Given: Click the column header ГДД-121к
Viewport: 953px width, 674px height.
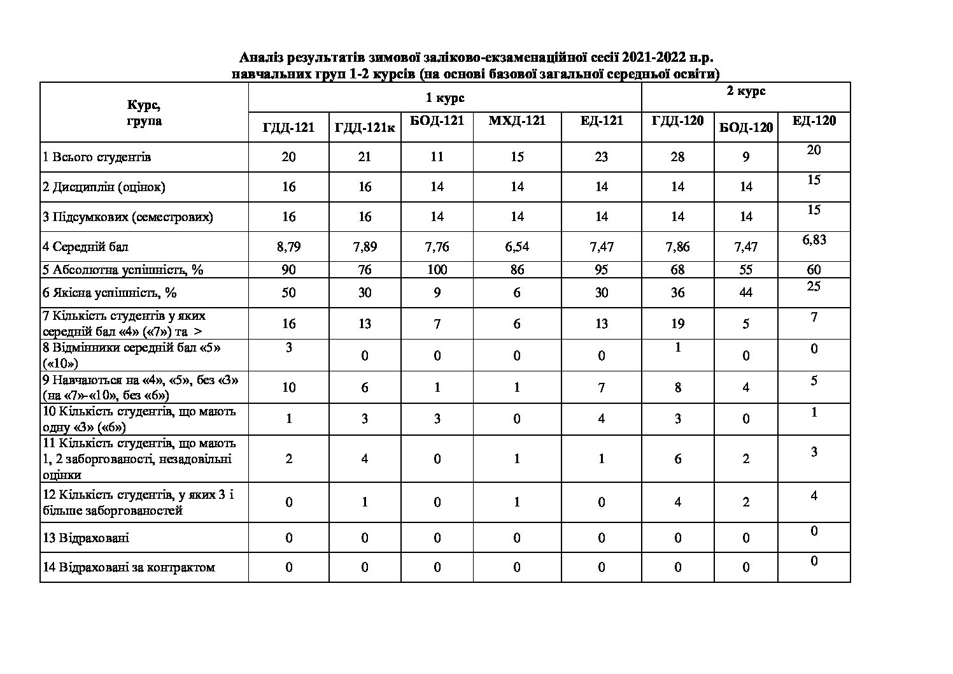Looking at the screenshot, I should [365, 127].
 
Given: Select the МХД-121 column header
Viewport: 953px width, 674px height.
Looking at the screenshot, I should [517, 120].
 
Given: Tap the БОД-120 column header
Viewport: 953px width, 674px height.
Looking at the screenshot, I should [746, 127].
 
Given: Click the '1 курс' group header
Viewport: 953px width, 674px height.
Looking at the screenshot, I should [445, 97].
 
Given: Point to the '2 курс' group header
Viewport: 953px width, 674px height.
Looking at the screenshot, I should [746, 91].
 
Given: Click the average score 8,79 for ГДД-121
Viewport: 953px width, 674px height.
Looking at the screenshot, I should [288, 247].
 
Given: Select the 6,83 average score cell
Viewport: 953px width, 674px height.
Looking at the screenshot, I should [814, 240].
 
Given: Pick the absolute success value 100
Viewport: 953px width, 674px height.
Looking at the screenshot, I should [437, 269].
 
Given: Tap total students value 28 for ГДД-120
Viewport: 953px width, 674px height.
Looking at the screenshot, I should [677, 157].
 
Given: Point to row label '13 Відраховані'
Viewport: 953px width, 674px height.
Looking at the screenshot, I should [85, 538].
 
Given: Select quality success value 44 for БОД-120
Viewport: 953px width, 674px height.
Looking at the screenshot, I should [746, 292].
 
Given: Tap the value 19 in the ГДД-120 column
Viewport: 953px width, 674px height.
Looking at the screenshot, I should [677, 324].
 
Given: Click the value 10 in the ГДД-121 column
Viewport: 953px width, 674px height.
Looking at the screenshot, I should [288, 387].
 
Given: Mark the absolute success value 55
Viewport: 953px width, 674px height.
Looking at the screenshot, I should [746, 269].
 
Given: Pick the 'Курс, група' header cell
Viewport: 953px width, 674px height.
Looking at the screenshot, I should [144, 112].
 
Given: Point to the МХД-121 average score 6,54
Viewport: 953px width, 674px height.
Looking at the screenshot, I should [517, 247].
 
